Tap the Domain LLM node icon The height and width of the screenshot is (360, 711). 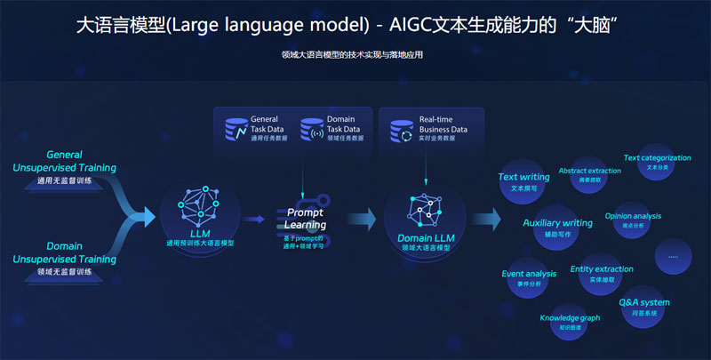point(424,207)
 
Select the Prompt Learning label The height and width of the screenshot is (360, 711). point(305,219)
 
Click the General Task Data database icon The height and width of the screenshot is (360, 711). point(236,129)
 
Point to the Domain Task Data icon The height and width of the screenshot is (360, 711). point(312,129)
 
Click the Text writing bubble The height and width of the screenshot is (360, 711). point(523,182)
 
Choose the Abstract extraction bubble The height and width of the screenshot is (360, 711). point(589,174)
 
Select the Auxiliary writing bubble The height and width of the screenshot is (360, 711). point(557,228)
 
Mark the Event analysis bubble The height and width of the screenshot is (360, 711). point(529,278)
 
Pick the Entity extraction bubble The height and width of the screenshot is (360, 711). point(602,273)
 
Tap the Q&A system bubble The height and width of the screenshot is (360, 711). point(644,307)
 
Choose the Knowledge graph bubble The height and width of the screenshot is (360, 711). point(570,321)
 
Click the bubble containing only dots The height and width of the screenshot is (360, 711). point(673,256)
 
